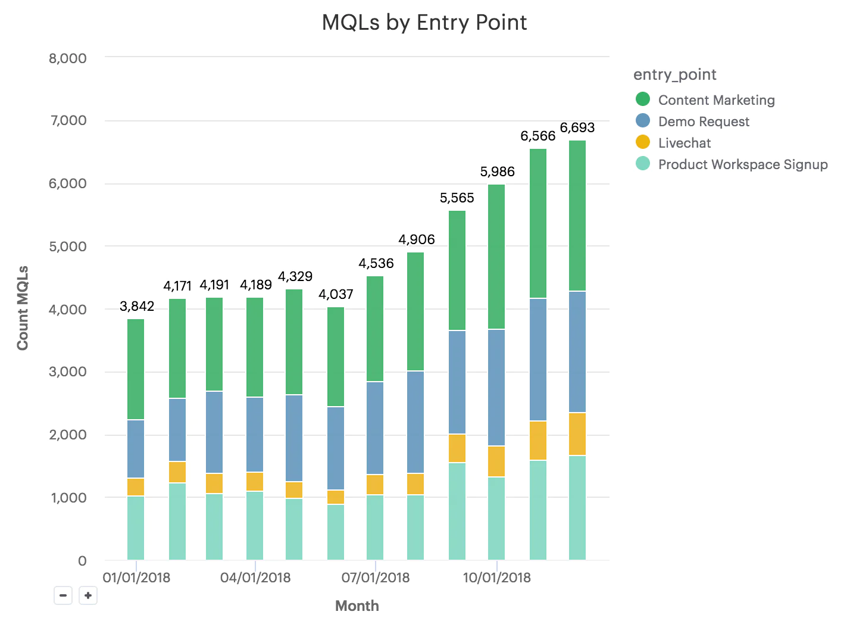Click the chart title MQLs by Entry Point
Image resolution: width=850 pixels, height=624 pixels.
pos(424,23)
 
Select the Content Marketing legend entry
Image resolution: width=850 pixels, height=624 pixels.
pos(716,100)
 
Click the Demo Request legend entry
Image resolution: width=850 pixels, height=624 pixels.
pos(704,121)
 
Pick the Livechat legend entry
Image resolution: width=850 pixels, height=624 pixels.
pos(684,143)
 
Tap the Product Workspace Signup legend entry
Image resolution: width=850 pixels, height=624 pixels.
pos(742,164)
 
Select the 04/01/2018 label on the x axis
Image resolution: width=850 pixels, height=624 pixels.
pos(255,578)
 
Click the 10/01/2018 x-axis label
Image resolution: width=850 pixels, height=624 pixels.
pos(497,578)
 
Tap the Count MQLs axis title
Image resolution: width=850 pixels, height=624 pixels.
pos(23,308)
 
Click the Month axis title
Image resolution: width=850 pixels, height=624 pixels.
pos(357,606)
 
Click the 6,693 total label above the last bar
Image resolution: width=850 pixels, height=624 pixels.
pos(577,127)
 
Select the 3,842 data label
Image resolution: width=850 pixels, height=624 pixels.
pos(137,306)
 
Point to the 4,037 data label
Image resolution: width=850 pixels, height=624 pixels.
pos(336,294)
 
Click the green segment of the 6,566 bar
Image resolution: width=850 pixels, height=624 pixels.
pos(538,223)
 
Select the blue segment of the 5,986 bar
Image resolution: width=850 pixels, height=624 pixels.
pos(496,387)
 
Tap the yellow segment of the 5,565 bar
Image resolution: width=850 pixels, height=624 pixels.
pos(457,448)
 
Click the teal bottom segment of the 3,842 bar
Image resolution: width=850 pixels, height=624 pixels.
pos(136,528)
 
